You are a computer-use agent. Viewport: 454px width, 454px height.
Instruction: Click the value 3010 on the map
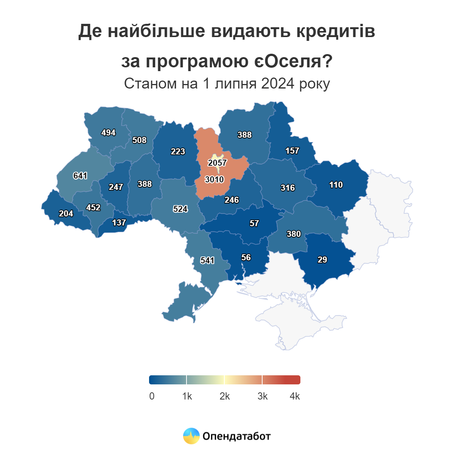(215, 179)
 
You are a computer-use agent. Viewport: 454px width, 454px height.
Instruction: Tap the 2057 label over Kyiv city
(217, 163)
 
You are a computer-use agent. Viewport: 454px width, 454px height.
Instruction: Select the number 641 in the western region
(80, 176)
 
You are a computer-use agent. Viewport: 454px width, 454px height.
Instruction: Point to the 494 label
(109, 132)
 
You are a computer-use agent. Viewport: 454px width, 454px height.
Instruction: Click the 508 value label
(139, 140)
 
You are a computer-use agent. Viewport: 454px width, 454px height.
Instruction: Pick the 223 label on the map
(178, 151)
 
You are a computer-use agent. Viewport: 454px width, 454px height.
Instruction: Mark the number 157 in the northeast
(292, 151)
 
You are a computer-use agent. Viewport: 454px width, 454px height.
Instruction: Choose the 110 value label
(336, 185)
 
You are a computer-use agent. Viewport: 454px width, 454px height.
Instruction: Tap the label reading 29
(322, 260)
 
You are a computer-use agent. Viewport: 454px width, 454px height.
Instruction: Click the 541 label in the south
(207, 260)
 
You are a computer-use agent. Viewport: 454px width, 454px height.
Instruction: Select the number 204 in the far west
(66, 213)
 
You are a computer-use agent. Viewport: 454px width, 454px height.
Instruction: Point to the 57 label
(254, 223)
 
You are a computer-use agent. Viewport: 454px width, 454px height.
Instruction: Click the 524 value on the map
(180, 209)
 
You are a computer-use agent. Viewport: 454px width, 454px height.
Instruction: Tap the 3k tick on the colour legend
(263, 396)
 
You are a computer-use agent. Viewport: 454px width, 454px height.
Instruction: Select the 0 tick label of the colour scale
(152, 396)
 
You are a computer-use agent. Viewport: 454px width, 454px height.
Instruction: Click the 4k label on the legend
(295, 396)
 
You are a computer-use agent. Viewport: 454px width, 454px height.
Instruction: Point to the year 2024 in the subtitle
(278, 84)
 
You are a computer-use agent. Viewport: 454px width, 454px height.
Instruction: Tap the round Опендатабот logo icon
(191, 436)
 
